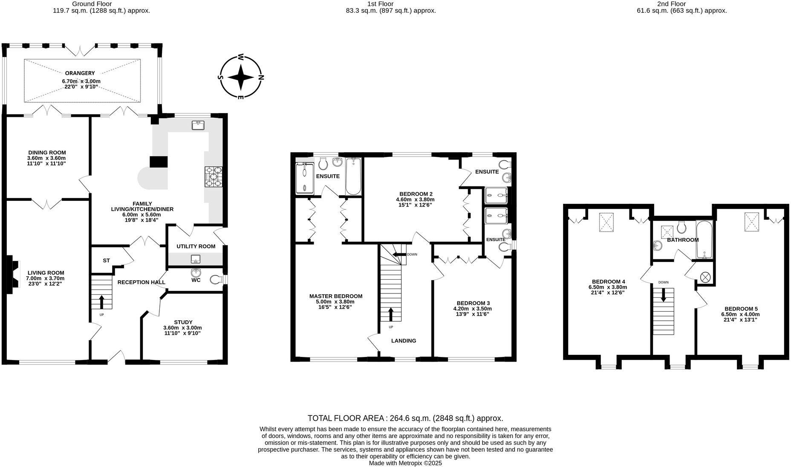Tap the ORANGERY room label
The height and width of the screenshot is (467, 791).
(x=80, y=73)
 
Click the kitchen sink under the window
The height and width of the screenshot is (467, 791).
(x=198, y=125)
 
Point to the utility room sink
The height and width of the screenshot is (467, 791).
(x=196, y=258)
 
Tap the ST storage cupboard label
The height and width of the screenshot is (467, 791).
(x=107, y=261)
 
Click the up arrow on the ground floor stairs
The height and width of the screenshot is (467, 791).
(x=101, y=302)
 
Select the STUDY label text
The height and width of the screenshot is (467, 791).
(x=183, y=322)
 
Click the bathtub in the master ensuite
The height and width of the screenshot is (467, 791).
(x=353, y=177)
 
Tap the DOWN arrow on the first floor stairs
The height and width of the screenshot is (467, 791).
(x=399, y=255)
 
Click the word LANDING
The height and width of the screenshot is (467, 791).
(x=404, y=341)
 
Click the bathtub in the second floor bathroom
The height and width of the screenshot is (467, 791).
(x=704, y=240)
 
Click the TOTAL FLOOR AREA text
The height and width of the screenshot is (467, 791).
(x=405, y=418)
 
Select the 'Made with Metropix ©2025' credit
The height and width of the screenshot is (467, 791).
(x=405, y=463)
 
